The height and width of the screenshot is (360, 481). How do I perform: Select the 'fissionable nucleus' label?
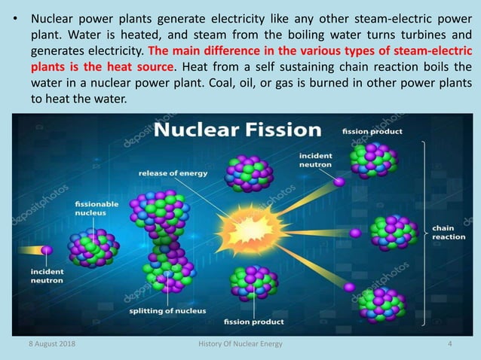point(97,209)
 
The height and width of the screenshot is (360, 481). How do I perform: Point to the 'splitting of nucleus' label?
point(163,310)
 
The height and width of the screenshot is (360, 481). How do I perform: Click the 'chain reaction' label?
point(448,231)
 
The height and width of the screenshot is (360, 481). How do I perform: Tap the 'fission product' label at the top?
point(372,131)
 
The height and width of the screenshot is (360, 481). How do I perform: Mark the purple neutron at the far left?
point(47,249)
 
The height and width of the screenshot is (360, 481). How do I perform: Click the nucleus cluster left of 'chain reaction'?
point(392,233)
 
